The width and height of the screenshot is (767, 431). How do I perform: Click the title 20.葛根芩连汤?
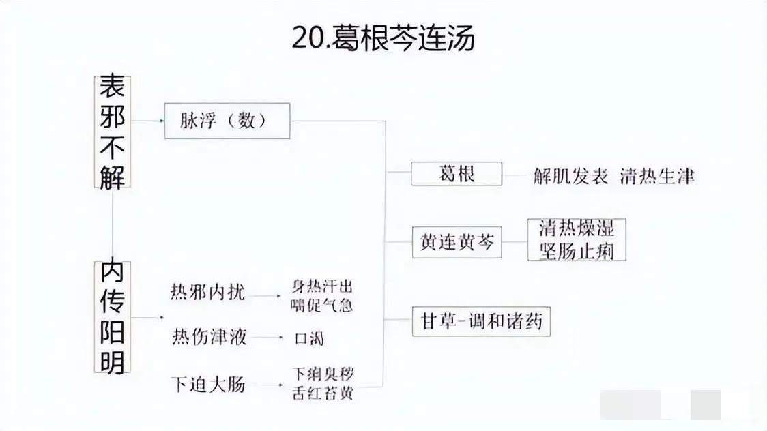pyautogui.click(x=383, y=37)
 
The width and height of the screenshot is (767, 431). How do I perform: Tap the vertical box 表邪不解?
pyautogui.click(x=113, y=132)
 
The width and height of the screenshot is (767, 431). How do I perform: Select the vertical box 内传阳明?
pyautogui.click(x=113, y=317)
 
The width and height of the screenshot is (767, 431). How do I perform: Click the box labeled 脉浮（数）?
pyautogui.click(x=227, y=121)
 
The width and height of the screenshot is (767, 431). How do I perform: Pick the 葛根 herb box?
pyautogui.click(x=457, y=173)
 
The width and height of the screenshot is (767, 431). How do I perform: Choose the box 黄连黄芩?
pyautogui.click(x=457, y=242)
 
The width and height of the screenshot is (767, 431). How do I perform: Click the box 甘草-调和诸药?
pyautogui.click(x=481, y=321)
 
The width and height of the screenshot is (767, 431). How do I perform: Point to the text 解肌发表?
pyautogui.click(x=571, y=176)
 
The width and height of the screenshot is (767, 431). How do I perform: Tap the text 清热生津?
pyautogui.click(x=657, y=176)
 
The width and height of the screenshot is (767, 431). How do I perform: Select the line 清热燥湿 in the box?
pyautogui.click(x=577, y=228)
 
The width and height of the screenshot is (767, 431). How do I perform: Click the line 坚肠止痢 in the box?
pyautogui.click(x=577, y=251)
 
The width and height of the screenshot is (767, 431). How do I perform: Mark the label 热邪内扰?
pyautogui.click(x=207, y=292)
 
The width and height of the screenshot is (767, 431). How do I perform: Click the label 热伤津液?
pyautogui.click(x=209, y=337)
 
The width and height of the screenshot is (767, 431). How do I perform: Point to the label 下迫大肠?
pyautogui.click(x=208, y=384)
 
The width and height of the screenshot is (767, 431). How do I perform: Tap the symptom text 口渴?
pyautogui.click(x=309, y=338)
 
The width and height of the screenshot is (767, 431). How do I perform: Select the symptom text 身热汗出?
pyautogui.click(x=322, y=286)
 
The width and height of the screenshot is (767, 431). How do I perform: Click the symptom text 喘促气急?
pyautogui.click(x=322, y=306)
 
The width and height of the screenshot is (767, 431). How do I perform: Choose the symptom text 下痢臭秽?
pyautogui.click(x=323, y=374)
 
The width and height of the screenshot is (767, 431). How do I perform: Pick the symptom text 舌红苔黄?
pyautogui.click(x=323, y=393)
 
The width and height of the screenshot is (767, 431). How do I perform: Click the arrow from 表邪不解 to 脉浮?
pyautogui.click(x=147, y=120)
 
